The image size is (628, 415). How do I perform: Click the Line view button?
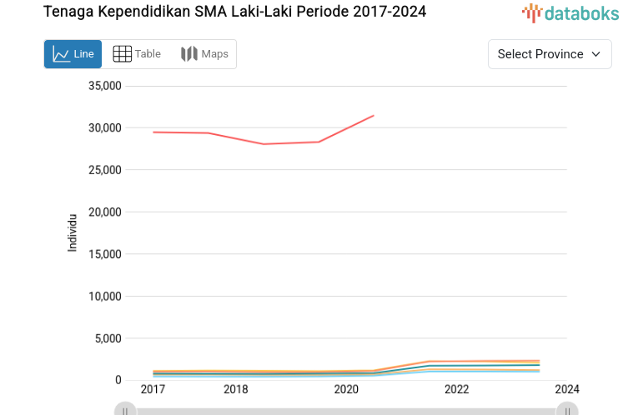pos(73,54)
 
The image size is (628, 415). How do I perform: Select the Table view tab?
pos(137,54)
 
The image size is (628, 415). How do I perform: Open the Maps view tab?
pos(204,54)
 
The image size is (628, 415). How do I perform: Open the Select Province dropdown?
pos(549,54)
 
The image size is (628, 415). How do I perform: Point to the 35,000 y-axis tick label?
pos(104,86)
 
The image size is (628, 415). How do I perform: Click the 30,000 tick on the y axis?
pos(104,127)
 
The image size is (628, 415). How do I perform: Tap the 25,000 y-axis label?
pos(104,170)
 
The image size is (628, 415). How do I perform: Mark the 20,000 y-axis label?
pos(104,212)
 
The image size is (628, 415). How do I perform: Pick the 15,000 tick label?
pos(104,254)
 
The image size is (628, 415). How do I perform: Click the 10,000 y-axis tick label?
pos(104,296)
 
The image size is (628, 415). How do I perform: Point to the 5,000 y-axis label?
pos(108,338)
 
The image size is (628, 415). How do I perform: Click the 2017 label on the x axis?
pos(153,389)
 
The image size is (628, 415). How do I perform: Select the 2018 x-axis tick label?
pos(235,389)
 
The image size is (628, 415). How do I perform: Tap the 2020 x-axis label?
pos(346,389)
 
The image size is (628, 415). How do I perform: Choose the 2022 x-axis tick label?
pos(456,389)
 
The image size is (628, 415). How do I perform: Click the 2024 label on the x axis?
pos(566,389)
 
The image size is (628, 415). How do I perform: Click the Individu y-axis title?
pos(73,232)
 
